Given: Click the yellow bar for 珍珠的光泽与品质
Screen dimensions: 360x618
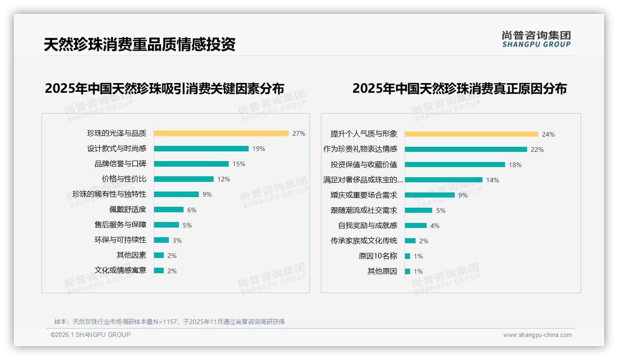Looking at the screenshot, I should pyautogui.click(x=221, y=133).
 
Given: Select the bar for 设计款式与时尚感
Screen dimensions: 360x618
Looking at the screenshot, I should pyautogui.click(x=201, y=149).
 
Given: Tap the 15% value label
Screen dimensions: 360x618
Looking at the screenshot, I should pyautogui.click(x=239, y=164).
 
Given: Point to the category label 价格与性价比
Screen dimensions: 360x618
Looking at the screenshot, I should pyautogui.click(x=124, y=179).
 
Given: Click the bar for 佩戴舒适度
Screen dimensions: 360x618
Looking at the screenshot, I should pyautogui.click(x=168, y=210).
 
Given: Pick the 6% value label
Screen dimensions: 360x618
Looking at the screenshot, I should pyautogui.click(x=192, y=210).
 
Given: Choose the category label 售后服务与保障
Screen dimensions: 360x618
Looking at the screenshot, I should pyautogui.click(x=120, y=225).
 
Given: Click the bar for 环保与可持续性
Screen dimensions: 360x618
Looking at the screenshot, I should pyautogui.click(x=161, y=240).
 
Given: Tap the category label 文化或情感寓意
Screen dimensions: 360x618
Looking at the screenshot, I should pyautogui.click(x=120, y=270).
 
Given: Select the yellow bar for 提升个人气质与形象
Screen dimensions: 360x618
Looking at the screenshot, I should pyautogui.click(x=471, y=134).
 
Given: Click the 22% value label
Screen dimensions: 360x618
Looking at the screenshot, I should pyautogui.click(x=537, y=150).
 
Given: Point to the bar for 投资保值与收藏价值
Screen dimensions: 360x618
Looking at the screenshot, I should pyautogui.click(x=455, y=165).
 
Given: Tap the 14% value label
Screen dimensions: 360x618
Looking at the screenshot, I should pyautogui.click(x=493, y=180).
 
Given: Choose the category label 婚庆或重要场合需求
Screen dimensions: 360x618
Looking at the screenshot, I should pyautogui.click(x=363, y=195).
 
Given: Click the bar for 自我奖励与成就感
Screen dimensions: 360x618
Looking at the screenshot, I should pyautogui.click(x=416, y=226).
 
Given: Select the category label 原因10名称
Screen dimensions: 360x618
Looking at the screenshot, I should pyautogui.click(x=378, y=256).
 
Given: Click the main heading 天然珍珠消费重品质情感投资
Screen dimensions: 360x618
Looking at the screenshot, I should pyautogui.click(x=139, y=44).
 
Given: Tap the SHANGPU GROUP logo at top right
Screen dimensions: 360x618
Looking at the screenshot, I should pyautogui.click(x=536, y=39).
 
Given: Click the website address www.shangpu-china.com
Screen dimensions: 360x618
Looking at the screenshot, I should pyautogui.click(x=537, y=335).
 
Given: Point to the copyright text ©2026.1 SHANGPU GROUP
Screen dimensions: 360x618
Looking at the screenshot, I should pyautogui.click(x=90, y=335).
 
